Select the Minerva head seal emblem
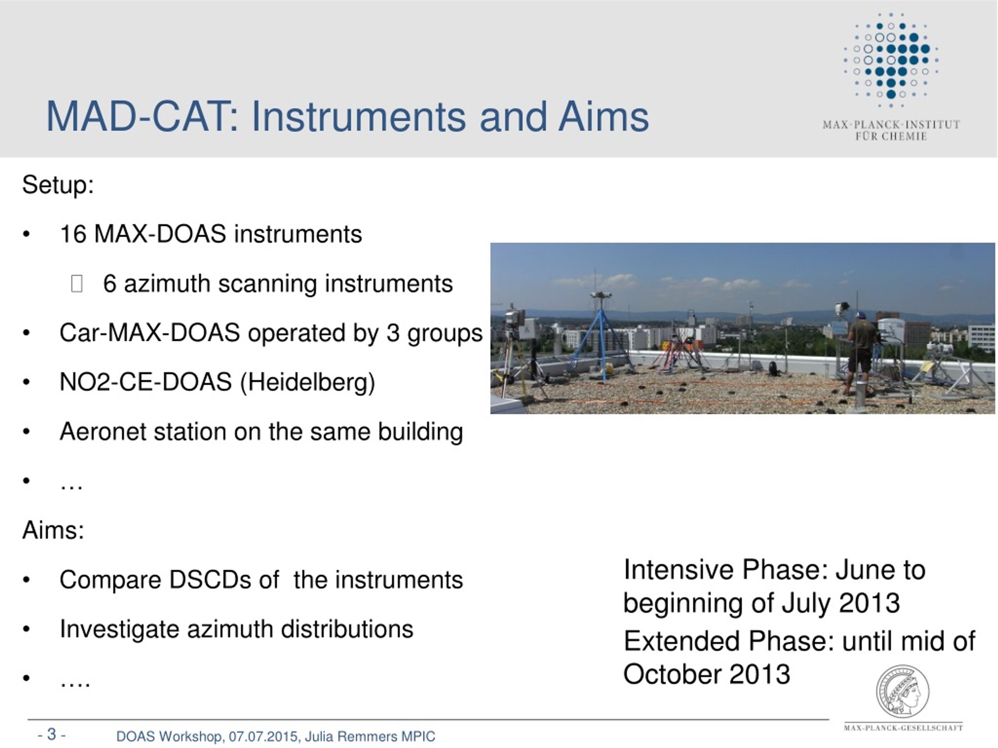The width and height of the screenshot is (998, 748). [902, 691]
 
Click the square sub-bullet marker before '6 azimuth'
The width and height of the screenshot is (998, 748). [77, 284]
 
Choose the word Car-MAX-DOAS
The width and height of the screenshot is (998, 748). [149, 333]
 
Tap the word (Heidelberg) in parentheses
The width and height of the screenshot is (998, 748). [307, 382]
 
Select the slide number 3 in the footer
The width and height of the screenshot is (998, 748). [52, 734]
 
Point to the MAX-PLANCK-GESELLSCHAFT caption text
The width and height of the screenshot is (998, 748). [903, 728]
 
